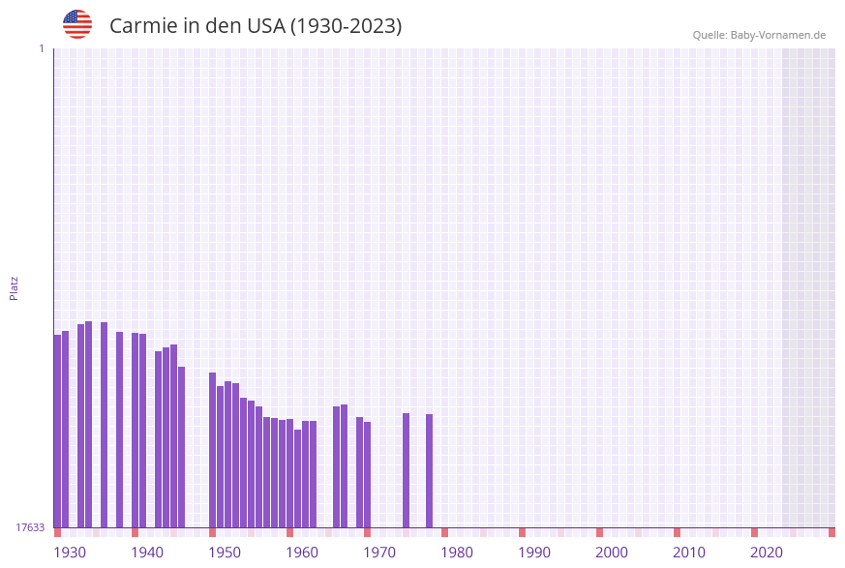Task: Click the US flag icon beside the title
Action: (77, 24)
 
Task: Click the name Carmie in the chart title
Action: (141, 26)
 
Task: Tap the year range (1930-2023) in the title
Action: (345, 26)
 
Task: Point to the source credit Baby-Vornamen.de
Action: (759, 35)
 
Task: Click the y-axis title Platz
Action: (15, 287)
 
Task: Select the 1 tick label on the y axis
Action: (41, 48)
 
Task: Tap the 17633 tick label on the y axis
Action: (30, 527)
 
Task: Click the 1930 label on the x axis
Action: (70, 553)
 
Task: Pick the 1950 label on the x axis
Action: (225, 553)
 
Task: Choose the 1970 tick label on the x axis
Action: (379, 553)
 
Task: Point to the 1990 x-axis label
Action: (534, 553)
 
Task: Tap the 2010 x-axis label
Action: (689, 553)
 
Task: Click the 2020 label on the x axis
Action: (767, 553)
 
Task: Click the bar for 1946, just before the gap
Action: (181, 446)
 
